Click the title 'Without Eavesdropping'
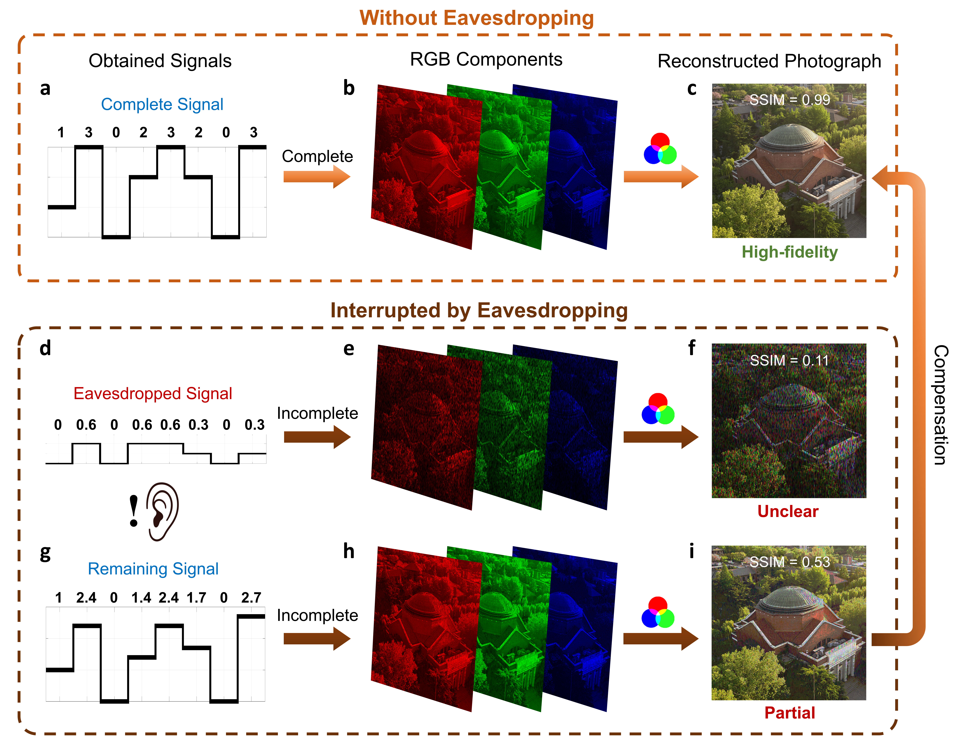pyautogui.click(x=477, y=18)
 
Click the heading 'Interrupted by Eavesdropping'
pyautogui.click(x=479, y=310)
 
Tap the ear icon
pyautogui.click(x=163, y=511)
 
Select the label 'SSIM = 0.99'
pyautogui.click(x=790, y=100)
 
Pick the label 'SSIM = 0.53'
pyautogui.click(x=790, y=562)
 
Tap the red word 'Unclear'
pyautogui.click(x=788, y=511)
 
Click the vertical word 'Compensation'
pyautogui.click(x=940, y=405)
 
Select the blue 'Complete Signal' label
pyautogui.click(x=162, y=105)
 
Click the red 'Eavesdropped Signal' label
pyautogui.click(x=152, y=394)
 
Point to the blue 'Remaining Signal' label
pyautogui.click(x=153, y=569)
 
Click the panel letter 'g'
pyautogui.click(x=45, y=553)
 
